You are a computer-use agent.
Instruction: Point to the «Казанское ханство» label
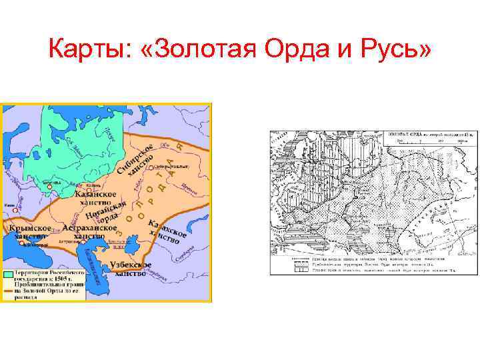coord(98,193)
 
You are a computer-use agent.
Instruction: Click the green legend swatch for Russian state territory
coord(9,273)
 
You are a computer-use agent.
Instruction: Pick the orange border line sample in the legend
coord(9,287)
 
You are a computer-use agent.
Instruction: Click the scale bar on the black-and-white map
coord(427,142)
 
